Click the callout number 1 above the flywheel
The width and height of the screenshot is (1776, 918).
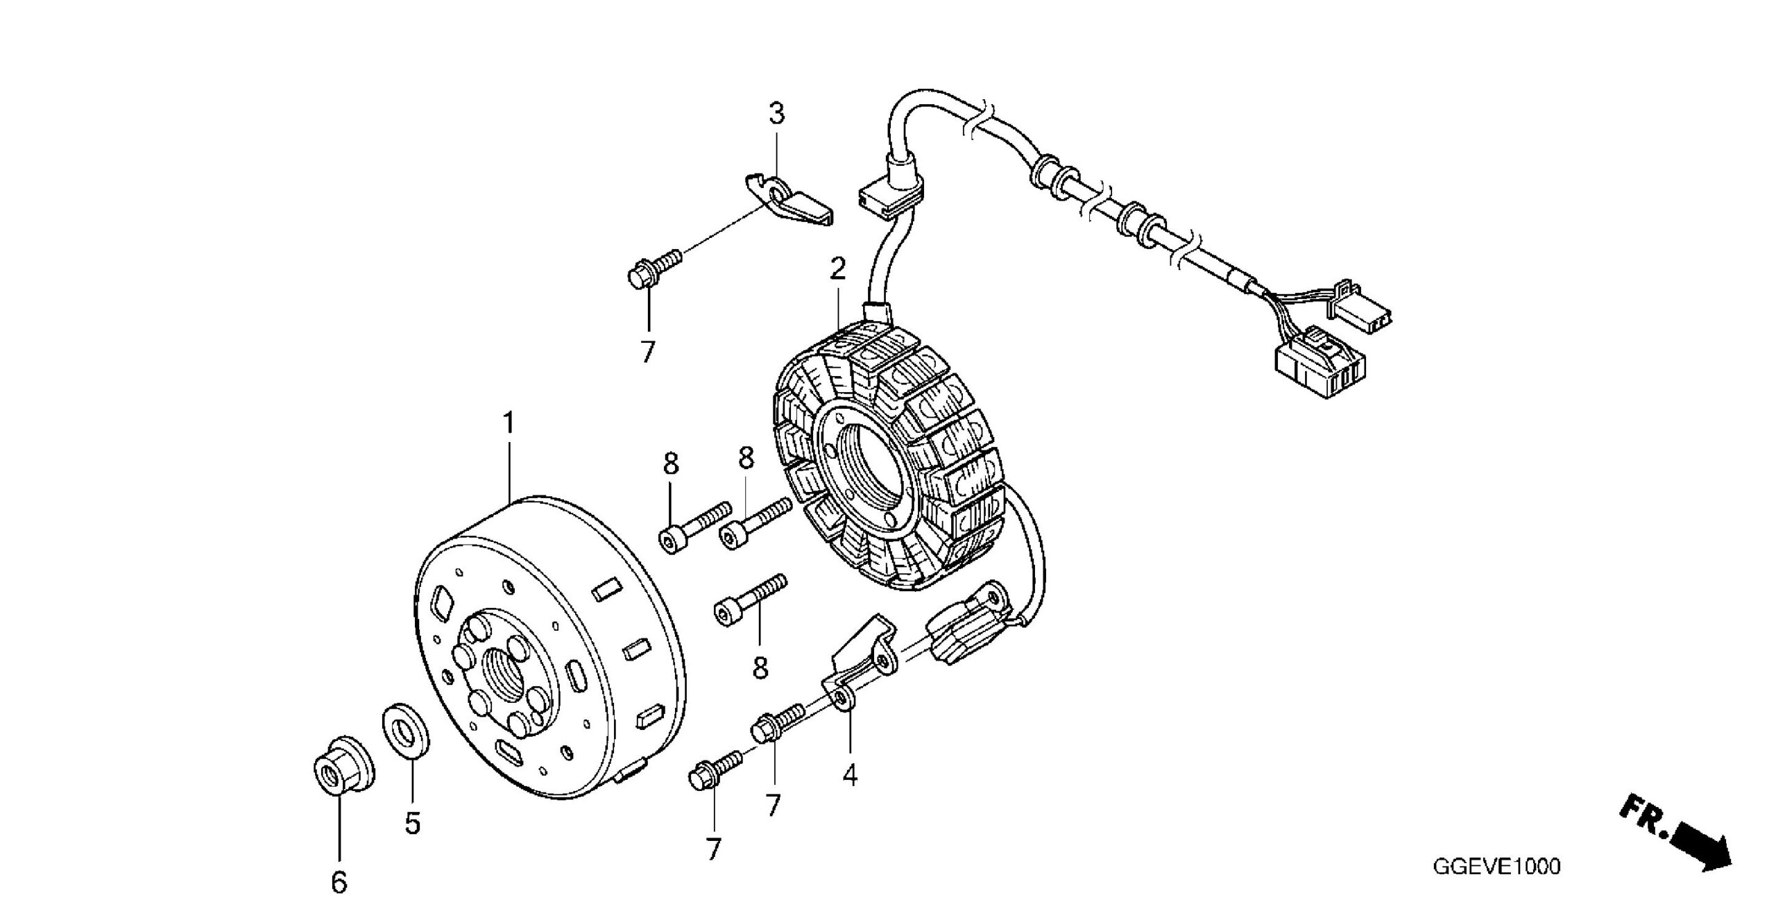tap(509, 423)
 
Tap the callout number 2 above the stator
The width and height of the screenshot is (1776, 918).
tap(838, 269)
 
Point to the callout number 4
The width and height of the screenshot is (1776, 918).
tap(850, 774)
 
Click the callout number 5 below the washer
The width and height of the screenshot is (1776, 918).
tap(413, 824)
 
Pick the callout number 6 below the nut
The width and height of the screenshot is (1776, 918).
tap(339, 882)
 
